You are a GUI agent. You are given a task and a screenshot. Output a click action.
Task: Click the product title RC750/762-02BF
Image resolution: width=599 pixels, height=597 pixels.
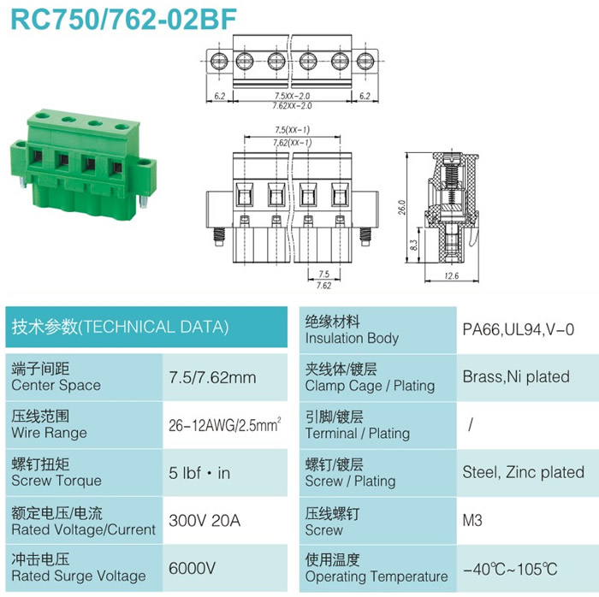point(124,19)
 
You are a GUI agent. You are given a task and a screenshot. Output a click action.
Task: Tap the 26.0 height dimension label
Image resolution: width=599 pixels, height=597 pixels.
point(401,207)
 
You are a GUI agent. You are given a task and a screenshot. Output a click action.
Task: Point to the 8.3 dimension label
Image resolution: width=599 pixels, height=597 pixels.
point(413,245)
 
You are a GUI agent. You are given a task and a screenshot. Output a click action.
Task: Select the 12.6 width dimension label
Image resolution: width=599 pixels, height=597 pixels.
point(452,275)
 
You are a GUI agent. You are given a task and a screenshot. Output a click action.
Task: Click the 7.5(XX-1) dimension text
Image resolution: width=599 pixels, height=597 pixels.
point(293,130)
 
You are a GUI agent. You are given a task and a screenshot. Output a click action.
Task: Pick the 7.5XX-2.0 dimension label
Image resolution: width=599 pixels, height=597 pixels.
point(293,96)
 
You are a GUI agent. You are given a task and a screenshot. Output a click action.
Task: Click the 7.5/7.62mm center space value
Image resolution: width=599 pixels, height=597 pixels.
point(212,377)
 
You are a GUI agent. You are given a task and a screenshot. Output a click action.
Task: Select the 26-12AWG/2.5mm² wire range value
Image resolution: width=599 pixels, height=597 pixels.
point(225,424)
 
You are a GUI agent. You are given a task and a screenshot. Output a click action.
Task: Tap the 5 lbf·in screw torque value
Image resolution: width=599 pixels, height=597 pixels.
point(199,473)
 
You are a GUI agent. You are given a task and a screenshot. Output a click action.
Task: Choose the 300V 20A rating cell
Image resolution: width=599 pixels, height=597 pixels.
point(205,520)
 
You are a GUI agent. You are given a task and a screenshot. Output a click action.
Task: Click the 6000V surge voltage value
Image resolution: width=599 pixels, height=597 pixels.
point(193,568)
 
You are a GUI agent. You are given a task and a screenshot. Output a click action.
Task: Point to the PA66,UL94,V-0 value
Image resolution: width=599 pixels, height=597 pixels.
point(518,329)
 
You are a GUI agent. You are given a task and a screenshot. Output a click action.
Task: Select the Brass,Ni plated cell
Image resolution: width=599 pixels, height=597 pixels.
point(516,376)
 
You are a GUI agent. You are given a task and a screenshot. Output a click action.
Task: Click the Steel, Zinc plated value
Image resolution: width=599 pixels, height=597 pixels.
point(524,472)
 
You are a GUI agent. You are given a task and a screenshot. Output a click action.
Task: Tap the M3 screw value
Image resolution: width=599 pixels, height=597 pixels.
point(472,520)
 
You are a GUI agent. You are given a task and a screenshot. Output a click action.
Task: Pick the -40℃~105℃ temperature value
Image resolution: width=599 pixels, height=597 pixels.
point(510,569)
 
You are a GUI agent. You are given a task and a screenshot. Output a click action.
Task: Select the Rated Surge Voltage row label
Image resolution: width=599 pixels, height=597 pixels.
point(79,576)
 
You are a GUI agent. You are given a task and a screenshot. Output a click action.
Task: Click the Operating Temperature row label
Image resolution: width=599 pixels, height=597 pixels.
point(377,576)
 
